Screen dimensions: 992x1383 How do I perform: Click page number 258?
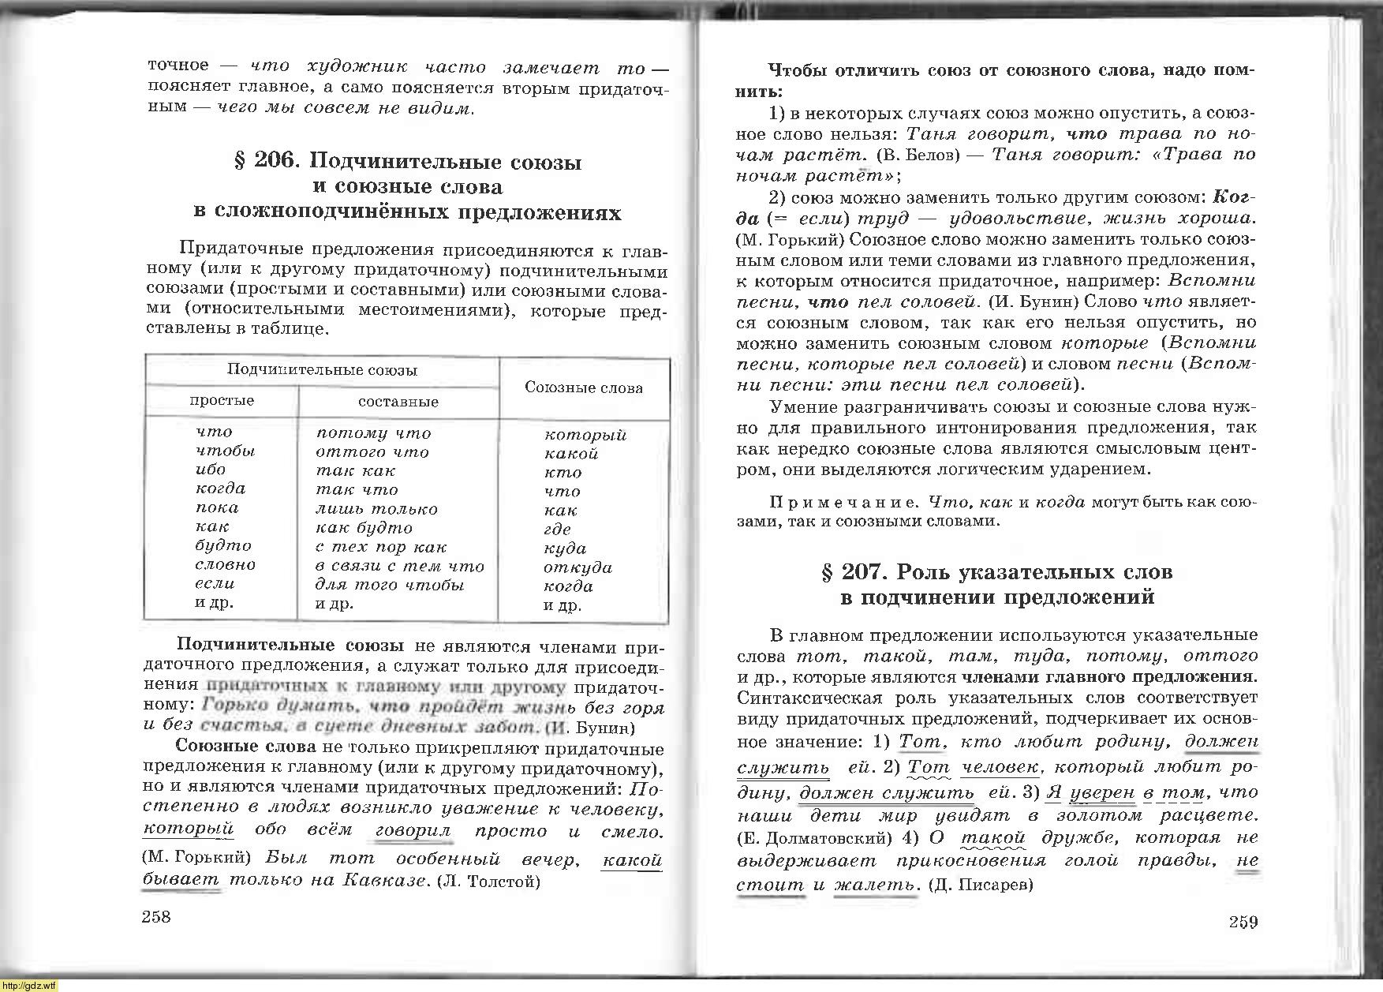(155, 916)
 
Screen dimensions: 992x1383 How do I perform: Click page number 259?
(1243, 922)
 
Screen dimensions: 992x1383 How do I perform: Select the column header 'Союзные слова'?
(584, 387)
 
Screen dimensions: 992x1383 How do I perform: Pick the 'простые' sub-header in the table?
(222, 401)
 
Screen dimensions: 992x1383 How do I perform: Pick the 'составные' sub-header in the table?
(398, 402)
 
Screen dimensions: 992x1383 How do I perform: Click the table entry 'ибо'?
(211, 470)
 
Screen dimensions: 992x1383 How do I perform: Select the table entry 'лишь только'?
(376, 509)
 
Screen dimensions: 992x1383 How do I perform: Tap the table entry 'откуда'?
(577, 567)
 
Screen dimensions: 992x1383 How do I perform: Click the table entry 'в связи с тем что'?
(399, 566)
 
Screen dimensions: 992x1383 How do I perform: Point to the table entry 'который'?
(585, 435)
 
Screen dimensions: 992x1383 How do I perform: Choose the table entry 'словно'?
(226, 565)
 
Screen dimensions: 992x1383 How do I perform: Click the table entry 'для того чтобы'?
(390, 585)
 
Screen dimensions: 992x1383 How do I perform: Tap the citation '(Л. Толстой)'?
(488, 882)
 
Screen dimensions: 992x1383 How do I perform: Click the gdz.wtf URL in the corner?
(29, 985)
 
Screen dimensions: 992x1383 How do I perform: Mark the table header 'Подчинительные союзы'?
(322, 369)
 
